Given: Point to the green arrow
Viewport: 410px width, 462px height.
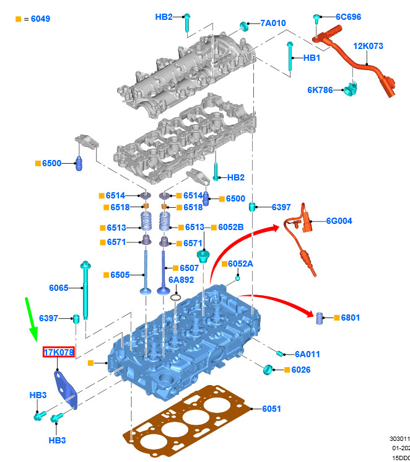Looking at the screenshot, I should tap(31, 320).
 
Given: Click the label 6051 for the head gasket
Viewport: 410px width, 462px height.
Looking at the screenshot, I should tap(271, 409).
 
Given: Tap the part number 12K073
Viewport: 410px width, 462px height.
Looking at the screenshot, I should tap(368, 46).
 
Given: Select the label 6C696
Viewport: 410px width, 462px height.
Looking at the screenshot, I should tap(348, 17).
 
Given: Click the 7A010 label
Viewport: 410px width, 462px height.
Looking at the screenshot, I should tap(273, 23).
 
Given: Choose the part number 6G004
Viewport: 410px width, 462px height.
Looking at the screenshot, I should tap(339, 221).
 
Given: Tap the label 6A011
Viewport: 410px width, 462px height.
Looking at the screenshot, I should tap(307, 354).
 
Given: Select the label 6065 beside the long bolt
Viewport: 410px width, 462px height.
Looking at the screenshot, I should tap(59, 287).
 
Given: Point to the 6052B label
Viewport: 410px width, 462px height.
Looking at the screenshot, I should tap(231, 228).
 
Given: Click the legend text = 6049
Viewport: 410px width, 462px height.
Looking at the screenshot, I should tap(37, 19).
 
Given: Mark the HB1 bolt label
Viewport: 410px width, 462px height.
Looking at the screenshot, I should tap(312, 58).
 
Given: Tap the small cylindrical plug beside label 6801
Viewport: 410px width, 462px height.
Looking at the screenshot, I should tap(320, 319).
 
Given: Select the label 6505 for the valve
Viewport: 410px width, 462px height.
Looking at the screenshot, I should tap(120, 274).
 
